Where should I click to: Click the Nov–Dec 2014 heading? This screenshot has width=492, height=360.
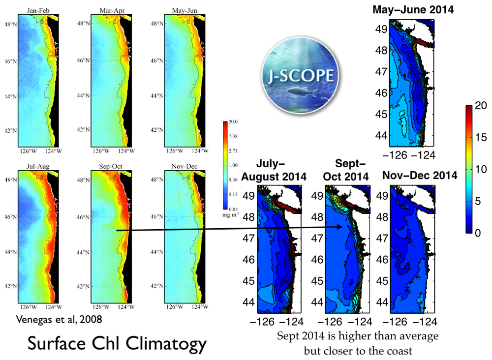coord(419,175)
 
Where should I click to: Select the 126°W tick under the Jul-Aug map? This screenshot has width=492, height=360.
coord(28,306)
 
